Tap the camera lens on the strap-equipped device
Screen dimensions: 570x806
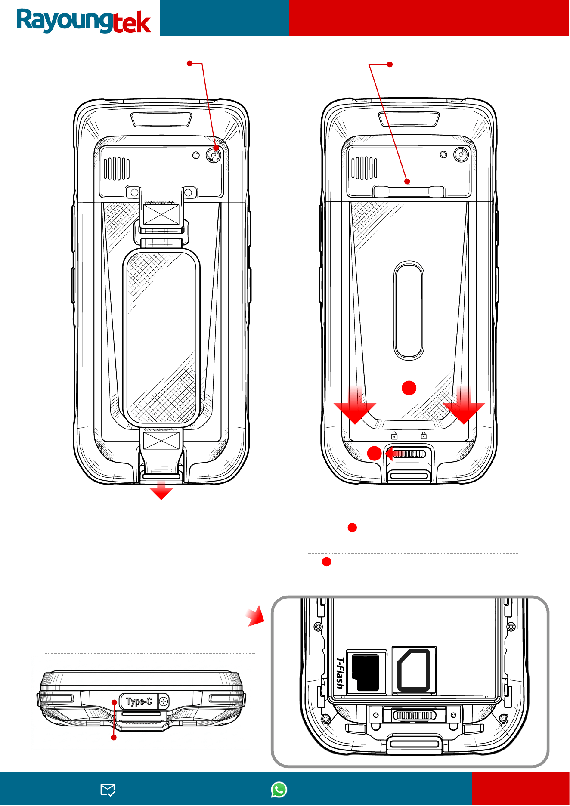coord(214,155)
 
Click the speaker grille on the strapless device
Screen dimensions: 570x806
coord(364,168)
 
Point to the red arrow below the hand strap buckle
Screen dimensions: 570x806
coord(161,491)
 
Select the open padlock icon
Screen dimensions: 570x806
coord(394,435)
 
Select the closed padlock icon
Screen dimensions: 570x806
coord(424,435)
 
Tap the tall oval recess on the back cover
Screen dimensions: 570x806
coord(409,310)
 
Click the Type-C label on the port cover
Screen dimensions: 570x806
coord(139,702)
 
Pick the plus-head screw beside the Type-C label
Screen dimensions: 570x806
coord(164,702)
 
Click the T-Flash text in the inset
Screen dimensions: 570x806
coord(340,673)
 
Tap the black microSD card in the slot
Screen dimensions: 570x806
coord(366,673)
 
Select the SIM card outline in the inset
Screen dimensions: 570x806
coord(414,670)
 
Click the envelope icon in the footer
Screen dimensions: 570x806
coord(108,790)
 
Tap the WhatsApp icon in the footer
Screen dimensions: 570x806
coord(279,790)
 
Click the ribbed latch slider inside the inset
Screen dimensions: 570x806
coord(414,716)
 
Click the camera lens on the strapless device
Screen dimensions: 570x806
coord(461,154)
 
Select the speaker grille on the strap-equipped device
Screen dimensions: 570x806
coord(117,168)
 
